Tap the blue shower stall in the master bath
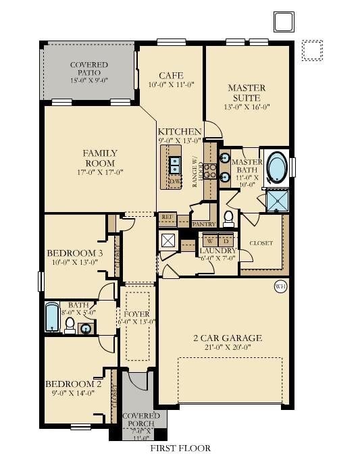[x=277, y=201]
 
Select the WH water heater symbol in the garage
[x=280, y=288]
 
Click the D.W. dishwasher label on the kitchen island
[x=174, y=182]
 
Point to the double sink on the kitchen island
[x=174, y=165]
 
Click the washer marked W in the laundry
[x=210, y=240]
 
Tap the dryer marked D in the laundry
[x=226, y=240]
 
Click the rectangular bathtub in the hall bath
[x=53, y=317]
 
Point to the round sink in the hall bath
[x=86, y=329]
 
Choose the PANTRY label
[x=203, y=224]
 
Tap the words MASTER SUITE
[x=246, y=93]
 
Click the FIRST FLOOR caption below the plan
[x=180, y=448]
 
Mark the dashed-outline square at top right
[x=312, y=51]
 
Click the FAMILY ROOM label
[x=100, y=158]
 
